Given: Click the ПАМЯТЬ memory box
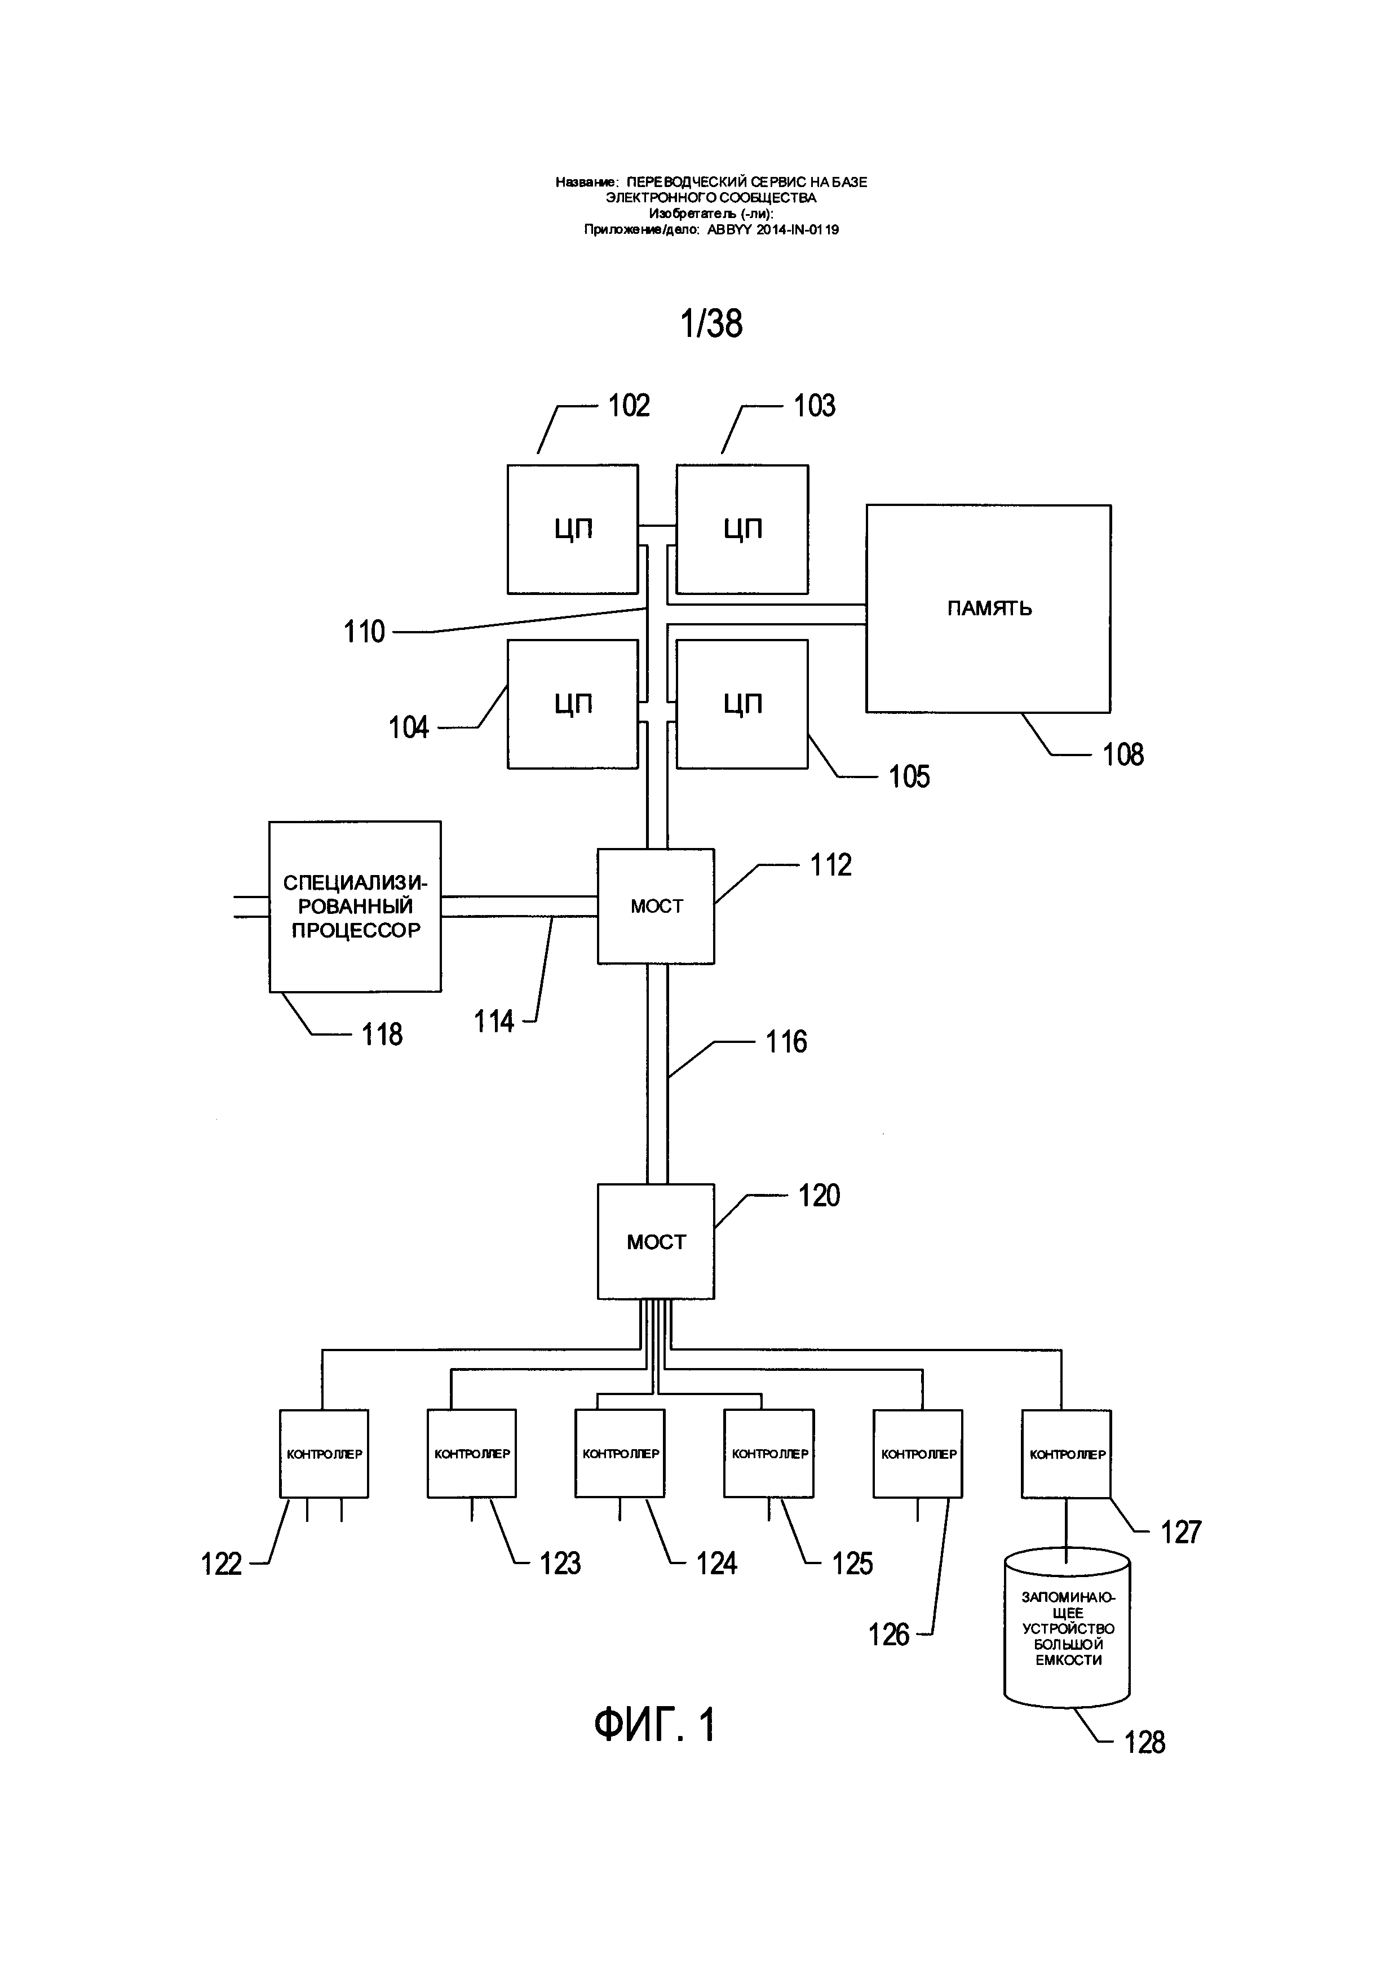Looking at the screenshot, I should [988, 609].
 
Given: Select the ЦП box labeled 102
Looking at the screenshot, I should [573, 529].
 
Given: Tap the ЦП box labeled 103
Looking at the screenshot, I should [742, 529].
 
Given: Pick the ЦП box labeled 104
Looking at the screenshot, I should [573, 704].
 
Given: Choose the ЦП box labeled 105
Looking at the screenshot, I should [742, 704].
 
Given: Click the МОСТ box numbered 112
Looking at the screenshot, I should [656, 905].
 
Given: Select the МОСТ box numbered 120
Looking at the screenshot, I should [656, 1242].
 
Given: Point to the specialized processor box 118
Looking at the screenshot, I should [355, 906].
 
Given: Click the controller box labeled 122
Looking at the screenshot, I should [324, 1454].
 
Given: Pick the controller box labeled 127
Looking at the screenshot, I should [1066, 1454].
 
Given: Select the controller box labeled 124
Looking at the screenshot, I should [620, 1454].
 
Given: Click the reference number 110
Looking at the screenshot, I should [364, 633].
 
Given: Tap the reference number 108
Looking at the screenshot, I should [1123, 755].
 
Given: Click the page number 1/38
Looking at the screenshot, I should [711, 323].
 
